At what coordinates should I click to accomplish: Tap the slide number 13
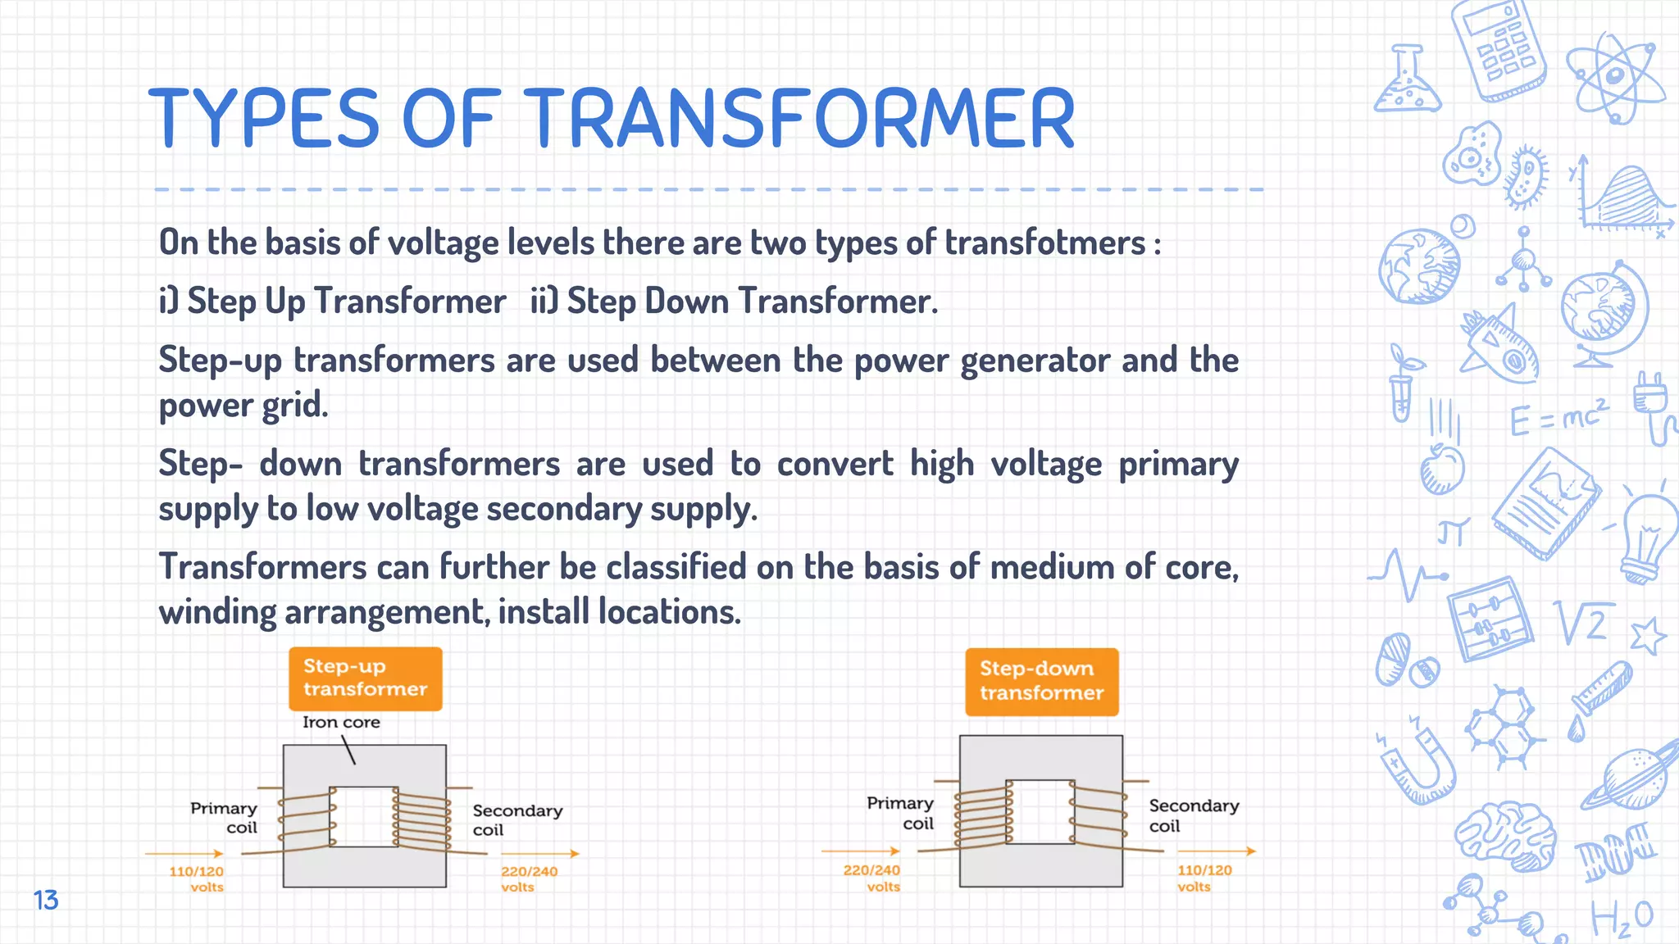click(46, 900)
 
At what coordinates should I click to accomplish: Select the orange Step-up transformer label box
click(365, 678)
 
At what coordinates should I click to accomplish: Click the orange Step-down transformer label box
click(1041, 681)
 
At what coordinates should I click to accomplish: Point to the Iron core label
click(341, 722)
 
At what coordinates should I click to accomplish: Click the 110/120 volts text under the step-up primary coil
click(197, 878)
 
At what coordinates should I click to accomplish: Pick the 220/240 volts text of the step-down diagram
click(872, 878)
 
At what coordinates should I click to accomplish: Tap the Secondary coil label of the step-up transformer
click(516, 819)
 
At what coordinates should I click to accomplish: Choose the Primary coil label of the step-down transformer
click(901, 813)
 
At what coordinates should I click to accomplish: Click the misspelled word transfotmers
click(1044, 243)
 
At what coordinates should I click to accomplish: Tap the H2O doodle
click(1622, 918)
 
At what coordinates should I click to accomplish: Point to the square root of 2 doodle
click(1582, 623)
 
